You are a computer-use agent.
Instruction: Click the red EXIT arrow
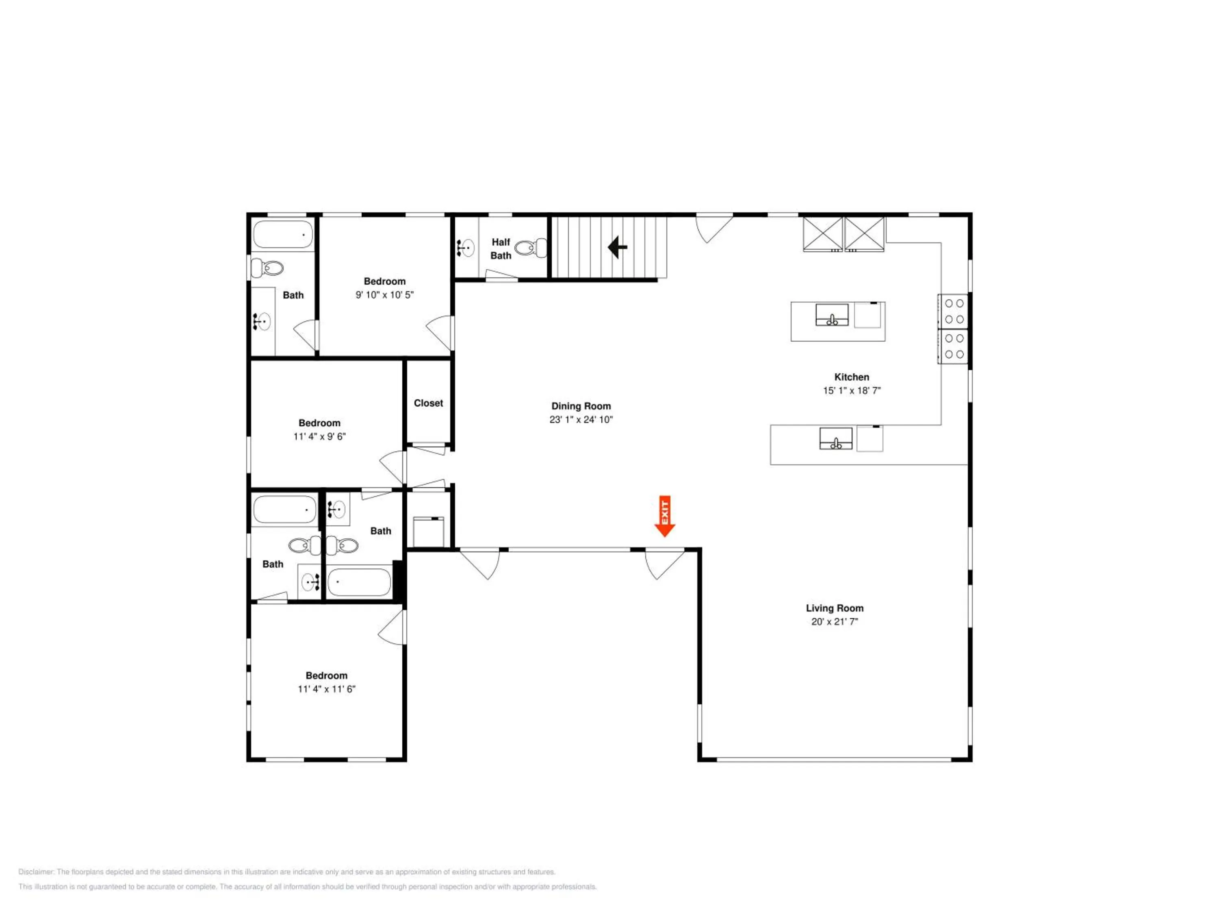click(x=665, y=516)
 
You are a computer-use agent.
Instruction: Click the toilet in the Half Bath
click(x=531, y=248)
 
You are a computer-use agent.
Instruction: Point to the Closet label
click(x=428, y=403)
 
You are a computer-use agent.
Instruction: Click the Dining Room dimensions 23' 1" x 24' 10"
click(x=581, y=420)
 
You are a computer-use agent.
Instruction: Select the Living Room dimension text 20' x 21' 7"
click(x=834, y=621)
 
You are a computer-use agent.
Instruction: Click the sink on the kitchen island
click(x=832, y=315)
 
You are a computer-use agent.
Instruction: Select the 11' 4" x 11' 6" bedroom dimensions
click(x=326, y=689)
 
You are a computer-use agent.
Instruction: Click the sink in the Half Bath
click(x=466, y=248)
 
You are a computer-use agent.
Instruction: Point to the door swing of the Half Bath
click(x=501, y=274)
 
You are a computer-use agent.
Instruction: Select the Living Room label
click(x=834, y=608)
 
